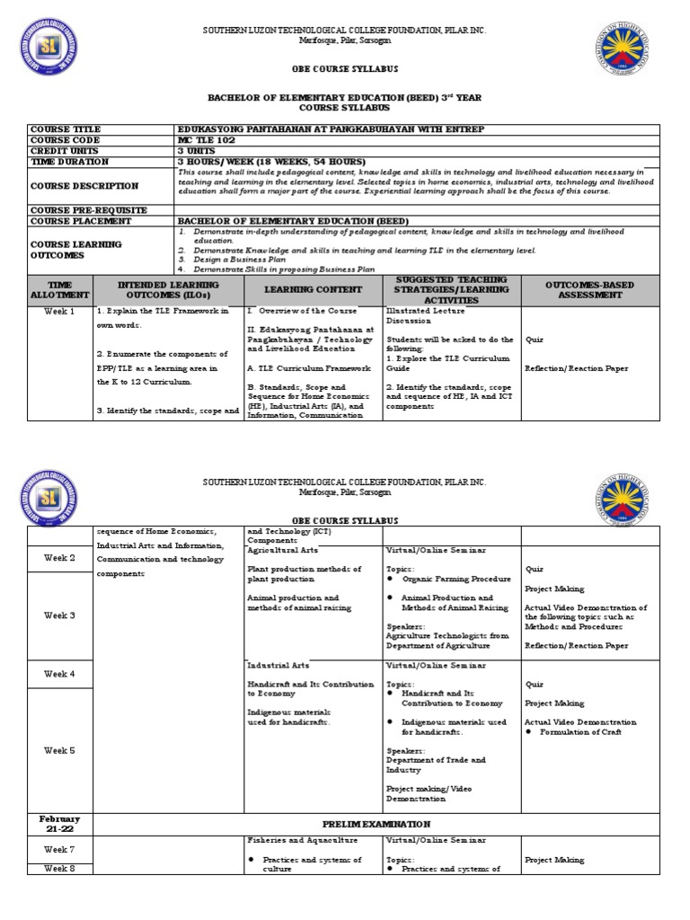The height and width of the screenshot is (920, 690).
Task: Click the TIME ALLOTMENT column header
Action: (59, 288)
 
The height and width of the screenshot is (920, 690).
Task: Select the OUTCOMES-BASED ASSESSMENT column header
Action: (595, 288)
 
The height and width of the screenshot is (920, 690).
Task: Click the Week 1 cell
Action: (59, 311)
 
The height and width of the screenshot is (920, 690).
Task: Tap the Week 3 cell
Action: (59, 615)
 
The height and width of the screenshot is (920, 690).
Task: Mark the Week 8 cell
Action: (59, 868)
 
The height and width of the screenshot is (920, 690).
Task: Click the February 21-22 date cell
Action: (59, 824)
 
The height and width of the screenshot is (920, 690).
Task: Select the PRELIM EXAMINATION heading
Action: (389, 824)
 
